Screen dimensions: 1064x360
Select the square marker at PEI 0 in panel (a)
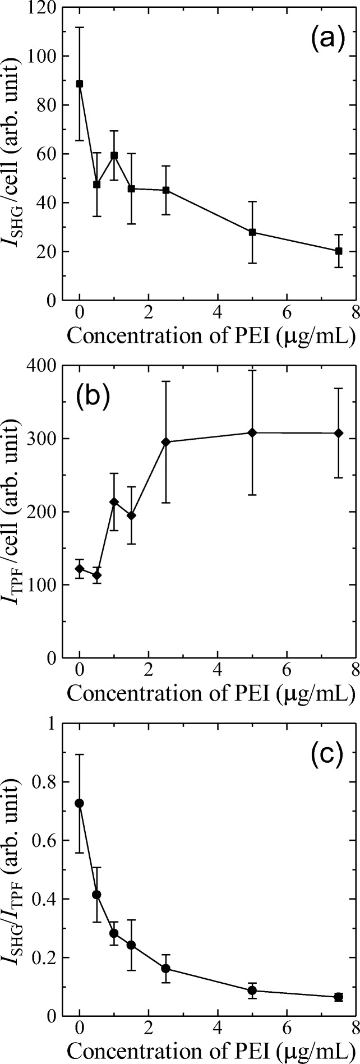click(80, 84)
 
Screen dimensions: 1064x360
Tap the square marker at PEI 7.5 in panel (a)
click(338, 251)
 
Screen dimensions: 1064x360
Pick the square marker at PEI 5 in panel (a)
click(252, 232)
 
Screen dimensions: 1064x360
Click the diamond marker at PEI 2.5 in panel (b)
click(166, 442)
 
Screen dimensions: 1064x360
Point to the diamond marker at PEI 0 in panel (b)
click(80, 569)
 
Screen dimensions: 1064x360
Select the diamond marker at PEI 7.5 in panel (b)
click(338, 433)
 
